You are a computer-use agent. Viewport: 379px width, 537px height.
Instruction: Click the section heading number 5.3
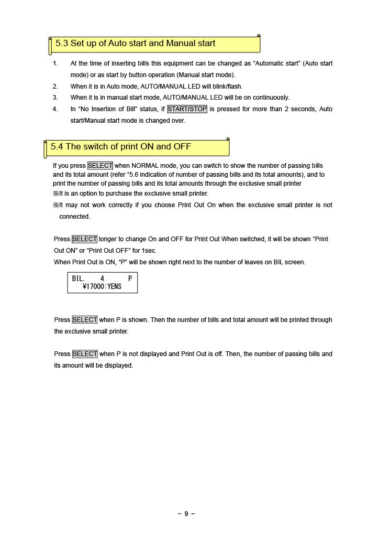[62, 44]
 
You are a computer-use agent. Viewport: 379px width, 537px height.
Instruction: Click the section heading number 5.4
[57, 147]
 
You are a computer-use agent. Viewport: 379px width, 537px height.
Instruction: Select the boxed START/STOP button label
[187, 109]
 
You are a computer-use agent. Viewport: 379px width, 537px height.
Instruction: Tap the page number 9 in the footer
[186, 514]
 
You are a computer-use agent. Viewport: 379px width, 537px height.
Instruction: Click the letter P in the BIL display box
[130, 278]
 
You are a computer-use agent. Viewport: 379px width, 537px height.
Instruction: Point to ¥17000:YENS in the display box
[102, 287]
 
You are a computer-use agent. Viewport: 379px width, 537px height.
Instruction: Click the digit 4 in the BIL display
[102, 278]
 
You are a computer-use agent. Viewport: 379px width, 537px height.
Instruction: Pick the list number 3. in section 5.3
[55, 98]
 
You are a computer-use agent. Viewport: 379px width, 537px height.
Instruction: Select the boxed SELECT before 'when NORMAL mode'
[100, 166]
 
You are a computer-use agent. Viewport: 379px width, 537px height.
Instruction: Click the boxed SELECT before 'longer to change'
[84, 239]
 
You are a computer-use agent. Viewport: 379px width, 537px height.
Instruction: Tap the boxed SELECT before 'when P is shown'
[85, 320]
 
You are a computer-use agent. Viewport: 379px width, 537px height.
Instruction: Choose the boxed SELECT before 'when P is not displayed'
[85, 354]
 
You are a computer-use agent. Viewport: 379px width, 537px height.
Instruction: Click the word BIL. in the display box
[79, 278]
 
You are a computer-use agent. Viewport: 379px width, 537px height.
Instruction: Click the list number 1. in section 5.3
[55, 63]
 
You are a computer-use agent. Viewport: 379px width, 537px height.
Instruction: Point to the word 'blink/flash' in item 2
[228, 87]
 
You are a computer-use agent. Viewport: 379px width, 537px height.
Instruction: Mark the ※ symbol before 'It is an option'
[55, 194]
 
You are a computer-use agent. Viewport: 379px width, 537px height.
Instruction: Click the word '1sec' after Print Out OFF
[149, 251]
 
